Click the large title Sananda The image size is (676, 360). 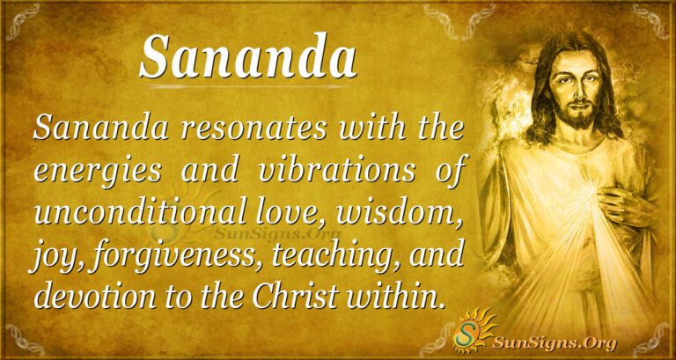(247, 57)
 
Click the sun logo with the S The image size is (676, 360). (472, 332)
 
